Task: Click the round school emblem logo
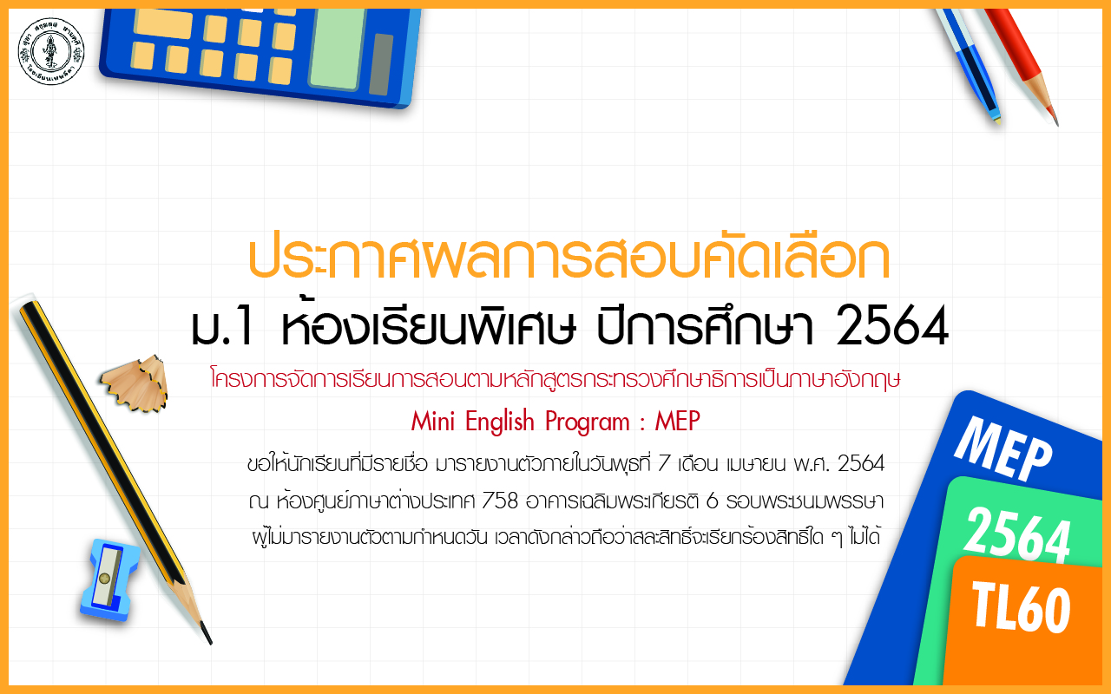click(51, 51)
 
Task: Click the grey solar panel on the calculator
click(381, 64)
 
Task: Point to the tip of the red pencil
click(1057, 124)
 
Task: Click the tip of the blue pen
click(998, 121)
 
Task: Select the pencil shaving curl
click(135, 383)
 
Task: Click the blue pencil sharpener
click(109, 580)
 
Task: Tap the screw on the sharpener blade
click(105, 578)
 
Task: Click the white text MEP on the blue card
click(1002, 449)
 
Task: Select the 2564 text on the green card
click(1016, 535)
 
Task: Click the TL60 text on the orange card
click(1022, 608)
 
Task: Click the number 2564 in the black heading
click(892, 325)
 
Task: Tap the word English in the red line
click(499, 422)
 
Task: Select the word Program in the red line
click(588, 422)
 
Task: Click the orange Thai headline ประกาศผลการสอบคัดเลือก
click(569, 258)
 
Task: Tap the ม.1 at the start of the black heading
click(223, 328)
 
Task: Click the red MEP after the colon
click(678, 422)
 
